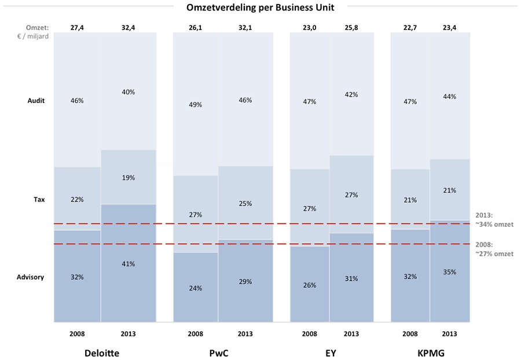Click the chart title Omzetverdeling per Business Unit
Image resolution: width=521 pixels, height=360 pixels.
260,8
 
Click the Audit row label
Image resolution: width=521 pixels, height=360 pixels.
36,101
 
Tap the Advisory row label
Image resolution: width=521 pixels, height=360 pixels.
31,277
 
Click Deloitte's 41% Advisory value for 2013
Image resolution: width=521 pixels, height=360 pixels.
129,264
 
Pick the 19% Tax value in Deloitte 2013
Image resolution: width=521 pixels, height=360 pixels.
129,178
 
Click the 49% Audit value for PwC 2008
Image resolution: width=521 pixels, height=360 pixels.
195,105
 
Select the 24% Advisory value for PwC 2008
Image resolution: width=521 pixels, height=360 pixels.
195,288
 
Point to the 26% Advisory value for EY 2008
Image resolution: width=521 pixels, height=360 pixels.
309,285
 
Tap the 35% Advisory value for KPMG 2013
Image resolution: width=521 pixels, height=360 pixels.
449,271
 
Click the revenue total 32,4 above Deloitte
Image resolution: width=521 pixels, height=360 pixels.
129,27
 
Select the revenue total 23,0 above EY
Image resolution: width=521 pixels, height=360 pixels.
309,27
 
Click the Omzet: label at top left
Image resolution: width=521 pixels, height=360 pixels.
37,27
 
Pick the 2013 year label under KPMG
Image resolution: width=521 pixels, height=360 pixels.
449,334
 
